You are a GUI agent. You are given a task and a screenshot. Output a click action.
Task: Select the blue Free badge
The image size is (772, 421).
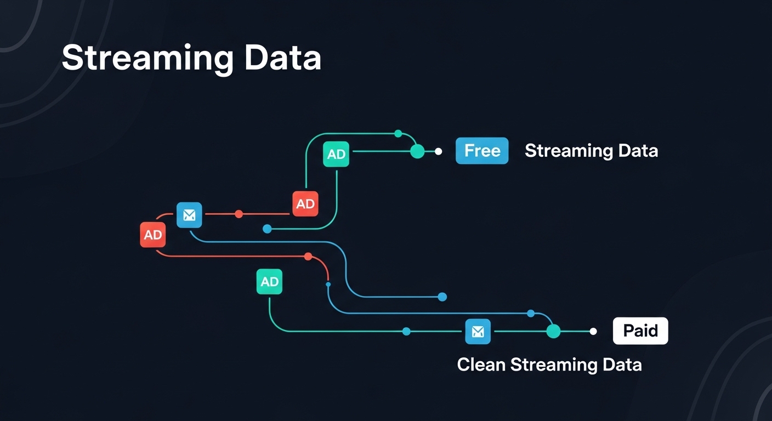(482, 151)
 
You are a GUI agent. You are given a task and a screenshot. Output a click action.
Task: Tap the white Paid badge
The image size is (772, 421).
(640, 331)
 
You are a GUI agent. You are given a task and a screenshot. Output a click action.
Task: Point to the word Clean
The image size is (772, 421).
(481, 365)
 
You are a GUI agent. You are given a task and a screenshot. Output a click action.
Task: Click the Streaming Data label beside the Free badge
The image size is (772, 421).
(591, 151)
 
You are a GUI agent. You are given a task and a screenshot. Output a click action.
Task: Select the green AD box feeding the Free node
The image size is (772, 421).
(336, 154)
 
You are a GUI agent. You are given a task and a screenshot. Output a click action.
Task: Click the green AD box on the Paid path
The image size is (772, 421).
(269, 281)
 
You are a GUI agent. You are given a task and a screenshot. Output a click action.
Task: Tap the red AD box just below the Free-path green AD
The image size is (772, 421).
(305, 204)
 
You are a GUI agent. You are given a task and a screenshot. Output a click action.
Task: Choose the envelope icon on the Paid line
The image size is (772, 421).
(478, 331)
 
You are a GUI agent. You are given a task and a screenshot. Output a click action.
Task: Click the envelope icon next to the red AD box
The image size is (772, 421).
(189, 215)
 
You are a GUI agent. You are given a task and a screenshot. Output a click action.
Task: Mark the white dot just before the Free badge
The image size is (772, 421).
(438, 151)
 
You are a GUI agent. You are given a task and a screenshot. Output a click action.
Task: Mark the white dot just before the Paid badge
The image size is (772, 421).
(593, 331)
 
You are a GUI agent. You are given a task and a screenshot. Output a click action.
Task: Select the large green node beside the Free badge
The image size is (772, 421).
(417, 151)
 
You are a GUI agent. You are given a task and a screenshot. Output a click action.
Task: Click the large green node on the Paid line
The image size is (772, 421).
(553, 331)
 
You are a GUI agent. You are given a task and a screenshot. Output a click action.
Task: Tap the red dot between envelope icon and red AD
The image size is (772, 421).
(239, 214)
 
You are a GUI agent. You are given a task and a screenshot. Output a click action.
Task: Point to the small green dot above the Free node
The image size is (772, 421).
(398, 134)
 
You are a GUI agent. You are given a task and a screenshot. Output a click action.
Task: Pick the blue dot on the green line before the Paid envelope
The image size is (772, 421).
(406, 331)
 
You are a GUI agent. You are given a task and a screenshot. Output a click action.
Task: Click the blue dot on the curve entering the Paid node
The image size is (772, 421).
(531, 314)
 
